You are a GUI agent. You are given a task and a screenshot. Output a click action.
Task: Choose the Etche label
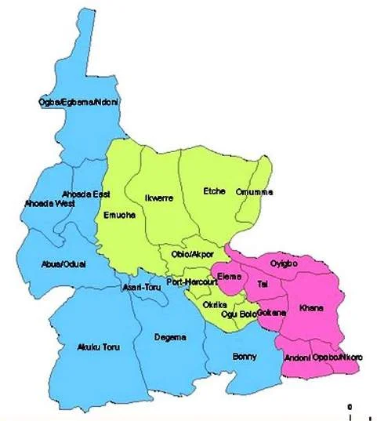click(x=214, y=191)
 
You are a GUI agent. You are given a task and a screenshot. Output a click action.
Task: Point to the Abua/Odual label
click(x=67, y=263)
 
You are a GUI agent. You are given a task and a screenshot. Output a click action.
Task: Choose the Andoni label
click(x=296, y=357)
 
